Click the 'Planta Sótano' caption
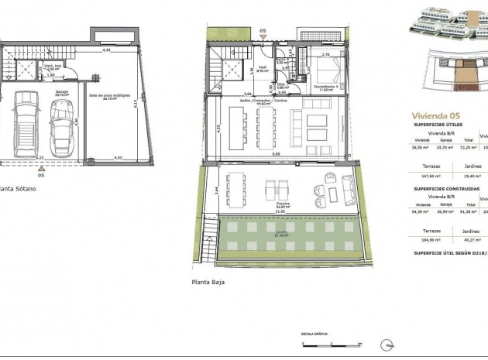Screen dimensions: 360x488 [16, 187]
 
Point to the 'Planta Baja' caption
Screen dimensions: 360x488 [208, 283]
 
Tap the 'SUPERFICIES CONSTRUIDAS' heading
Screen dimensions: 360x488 [446, 188]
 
